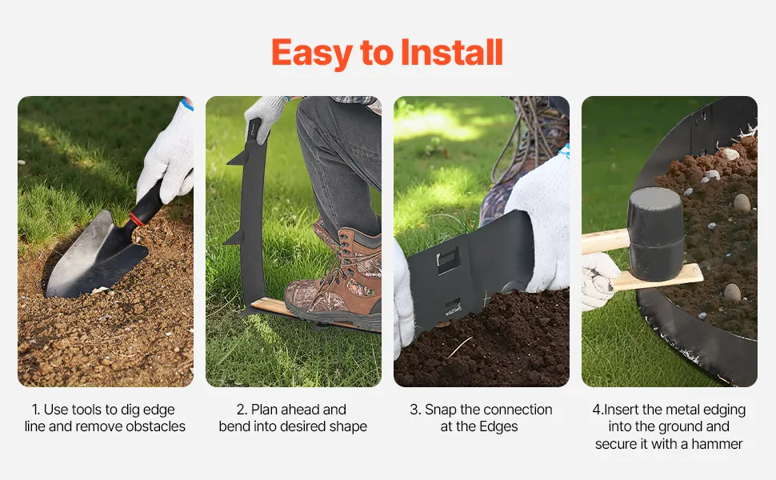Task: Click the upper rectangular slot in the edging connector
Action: tap(448, 259)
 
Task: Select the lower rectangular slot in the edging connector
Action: tap(453, 307)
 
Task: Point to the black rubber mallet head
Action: tap(656, 234)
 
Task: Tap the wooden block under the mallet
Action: tap(658, 278)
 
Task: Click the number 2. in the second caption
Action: tap(242, 410)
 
